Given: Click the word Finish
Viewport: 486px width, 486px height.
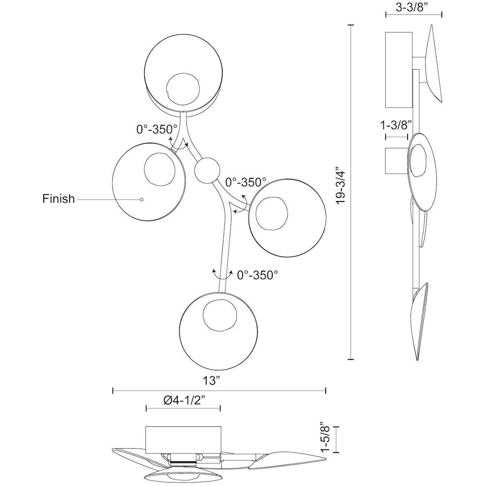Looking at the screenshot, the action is click(x=58, y=199).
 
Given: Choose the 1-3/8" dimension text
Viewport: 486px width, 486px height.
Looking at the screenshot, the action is click(x=396, y=125).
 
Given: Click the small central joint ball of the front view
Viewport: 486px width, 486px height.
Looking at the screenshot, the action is click(x=207, y=170).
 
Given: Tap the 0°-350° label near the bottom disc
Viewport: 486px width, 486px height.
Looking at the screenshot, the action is click(x=258, y=275).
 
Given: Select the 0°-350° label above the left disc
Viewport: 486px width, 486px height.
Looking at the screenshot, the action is click(x=157, y=129).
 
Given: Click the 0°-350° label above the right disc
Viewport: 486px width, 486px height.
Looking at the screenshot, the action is click(x=246, y=182).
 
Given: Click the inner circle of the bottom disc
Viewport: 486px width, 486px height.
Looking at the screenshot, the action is click(x=220, y=315).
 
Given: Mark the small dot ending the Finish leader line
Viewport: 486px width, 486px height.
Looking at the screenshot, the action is click(x=142, y=200).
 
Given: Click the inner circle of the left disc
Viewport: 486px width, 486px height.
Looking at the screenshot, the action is click(x=160, y=170).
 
